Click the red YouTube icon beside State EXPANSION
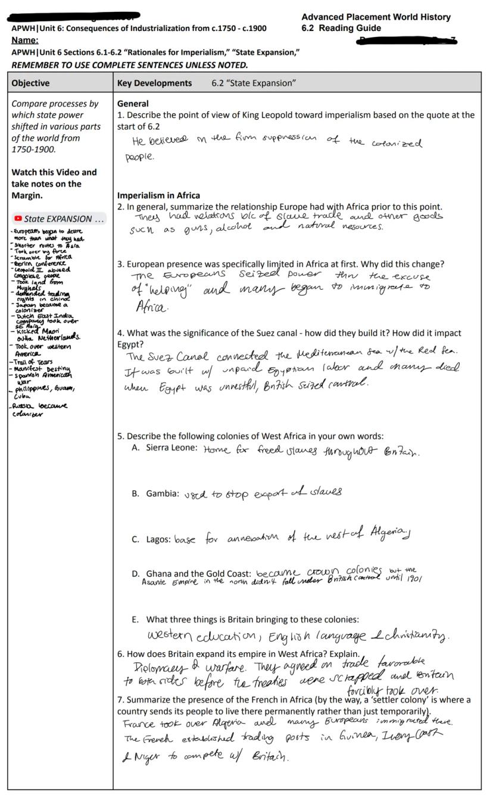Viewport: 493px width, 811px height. (x=18, y=219)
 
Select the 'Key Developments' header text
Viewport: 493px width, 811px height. (x=154, y=83)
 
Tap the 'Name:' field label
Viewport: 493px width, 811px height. (x=25, y=40)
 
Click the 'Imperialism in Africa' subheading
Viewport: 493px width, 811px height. (x=158, y=195)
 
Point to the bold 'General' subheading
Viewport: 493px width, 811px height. (x=133, y=104)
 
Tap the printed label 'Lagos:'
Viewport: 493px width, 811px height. (x=159, y=540)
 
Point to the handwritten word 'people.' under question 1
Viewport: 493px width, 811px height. (x=139, y=157)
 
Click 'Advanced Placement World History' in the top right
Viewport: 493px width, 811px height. (x=376, y=17)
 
